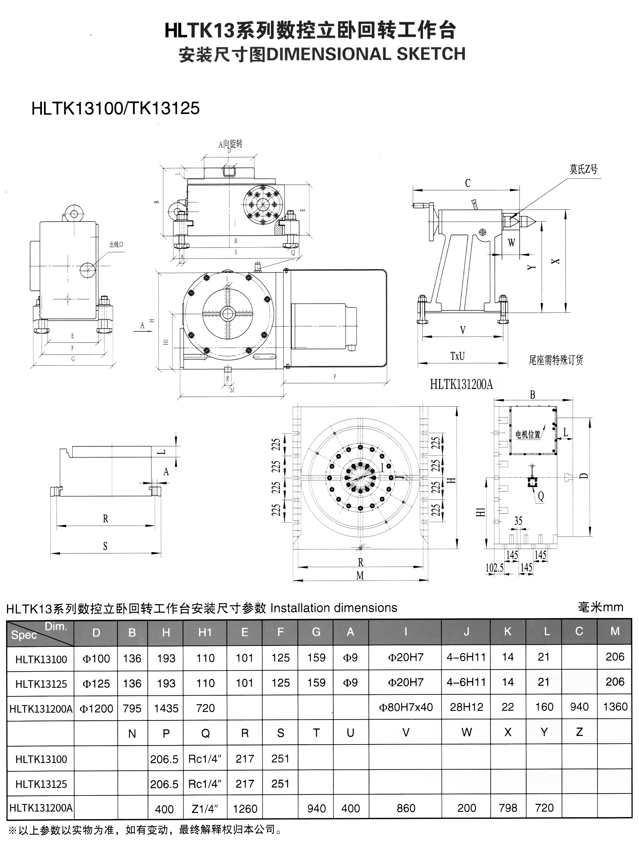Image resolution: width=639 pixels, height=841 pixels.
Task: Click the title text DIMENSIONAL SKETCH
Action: [366, 54]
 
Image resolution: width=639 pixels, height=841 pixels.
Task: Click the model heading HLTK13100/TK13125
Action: [115, 108]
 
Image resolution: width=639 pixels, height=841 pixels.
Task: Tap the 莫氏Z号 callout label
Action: [583, 169]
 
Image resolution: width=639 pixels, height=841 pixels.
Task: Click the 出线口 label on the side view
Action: [116, 244]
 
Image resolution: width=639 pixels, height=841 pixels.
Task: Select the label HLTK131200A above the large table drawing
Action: [461, 384]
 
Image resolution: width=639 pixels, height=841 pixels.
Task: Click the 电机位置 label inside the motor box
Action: [528, 434]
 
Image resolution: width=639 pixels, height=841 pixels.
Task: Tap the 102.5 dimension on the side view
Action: [494, 568]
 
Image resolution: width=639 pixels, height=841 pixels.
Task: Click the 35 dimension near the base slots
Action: [518, 521]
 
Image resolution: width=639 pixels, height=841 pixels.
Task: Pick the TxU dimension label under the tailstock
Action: [457, 356]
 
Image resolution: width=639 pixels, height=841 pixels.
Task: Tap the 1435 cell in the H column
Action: [166, 708]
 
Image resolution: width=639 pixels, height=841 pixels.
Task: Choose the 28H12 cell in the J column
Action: [466, 707]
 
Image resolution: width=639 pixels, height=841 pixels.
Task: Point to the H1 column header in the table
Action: [205, 633]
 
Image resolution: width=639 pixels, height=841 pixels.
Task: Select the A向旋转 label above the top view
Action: [230, 144]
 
